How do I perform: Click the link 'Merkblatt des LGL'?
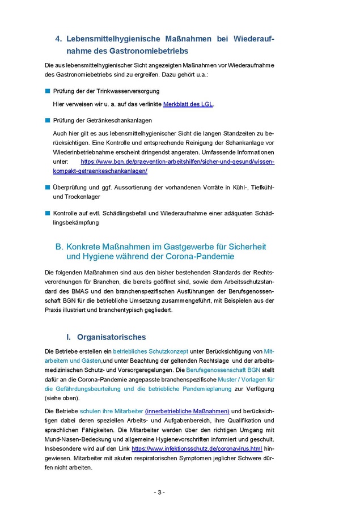coord(188,104)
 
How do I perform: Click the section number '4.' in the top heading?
coord(58,39)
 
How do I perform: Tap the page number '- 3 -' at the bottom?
coord(159,492)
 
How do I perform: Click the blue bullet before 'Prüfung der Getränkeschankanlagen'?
coord(48,120)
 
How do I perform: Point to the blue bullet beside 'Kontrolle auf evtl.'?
coord(48,213)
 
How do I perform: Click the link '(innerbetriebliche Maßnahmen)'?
coord(187,411)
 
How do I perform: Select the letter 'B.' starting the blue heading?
coord(60,247)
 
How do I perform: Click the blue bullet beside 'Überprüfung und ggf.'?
coord(48,186)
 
